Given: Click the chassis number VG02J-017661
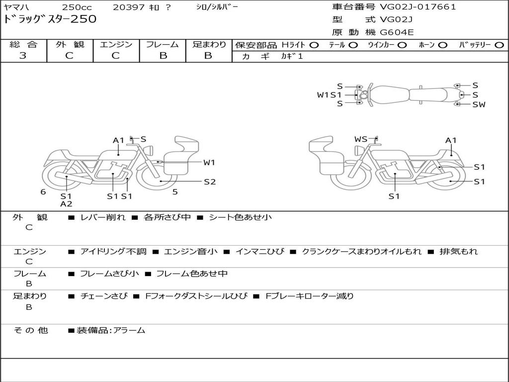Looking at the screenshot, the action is click(418, 7).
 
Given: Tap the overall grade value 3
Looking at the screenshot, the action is click(23, 56).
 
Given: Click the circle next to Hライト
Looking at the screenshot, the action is click(314, 45).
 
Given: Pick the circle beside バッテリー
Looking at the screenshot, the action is click(499, 45).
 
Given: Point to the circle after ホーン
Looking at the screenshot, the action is click(443, 45).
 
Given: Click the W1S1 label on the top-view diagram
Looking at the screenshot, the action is click(329, 95).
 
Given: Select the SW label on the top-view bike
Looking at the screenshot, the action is click(479, 104).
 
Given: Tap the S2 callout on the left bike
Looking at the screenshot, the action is click(210, 182).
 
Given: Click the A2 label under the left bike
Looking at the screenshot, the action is click(66, 204).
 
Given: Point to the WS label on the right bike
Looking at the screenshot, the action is click(361, 139).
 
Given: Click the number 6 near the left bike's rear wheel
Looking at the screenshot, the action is click(43, 192).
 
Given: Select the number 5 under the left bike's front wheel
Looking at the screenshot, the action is click(175, 192).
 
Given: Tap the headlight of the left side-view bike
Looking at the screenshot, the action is click(149, 151).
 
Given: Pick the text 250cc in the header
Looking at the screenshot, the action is click(77, 7).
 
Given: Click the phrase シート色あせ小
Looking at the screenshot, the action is click(240, 217).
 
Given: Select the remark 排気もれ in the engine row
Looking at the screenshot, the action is click(459, 251).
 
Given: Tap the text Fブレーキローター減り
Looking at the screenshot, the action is click(309, 296).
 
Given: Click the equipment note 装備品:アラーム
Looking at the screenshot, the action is click(111, 330).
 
